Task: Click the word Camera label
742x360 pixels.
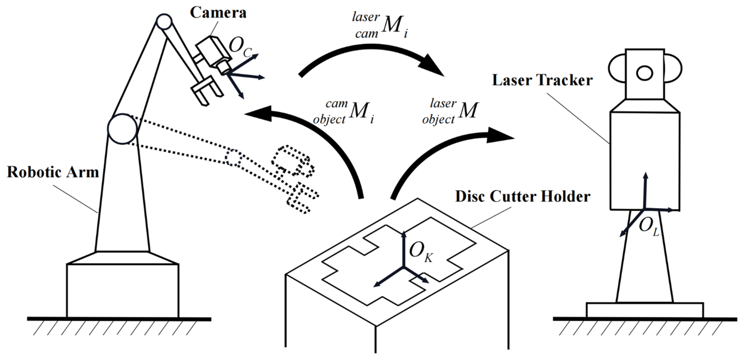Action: [218, 13]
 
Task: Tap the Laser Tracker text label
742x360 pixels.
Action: [542, 80]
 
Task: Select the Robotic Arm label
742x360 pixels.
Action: [53, 172]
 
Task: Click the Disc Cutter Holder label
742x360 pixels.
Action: [522, 197]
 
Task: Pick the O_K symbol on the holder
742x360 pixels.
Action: [420, 251]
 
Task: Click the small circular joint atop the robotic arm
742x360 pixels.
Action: [164, 22]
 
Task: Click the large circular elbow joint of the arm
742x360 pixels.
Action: [122, 129]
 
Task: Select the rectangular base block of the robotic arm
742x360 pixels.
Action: [122, 290]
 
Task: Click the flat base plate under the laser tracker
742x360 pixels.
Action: [645, 310]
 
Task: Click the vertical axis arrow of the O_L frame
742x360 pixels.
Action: [645, 190]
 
